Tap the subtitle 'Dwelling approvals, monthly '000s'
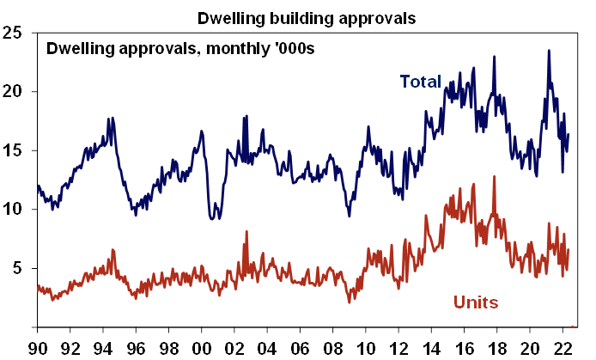(180, 48)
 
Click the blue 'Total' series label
(421, 82)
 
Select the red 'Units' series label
(475, 302)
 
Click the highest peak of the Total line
(549, 51)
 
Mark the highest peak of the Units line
(495, 176)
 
